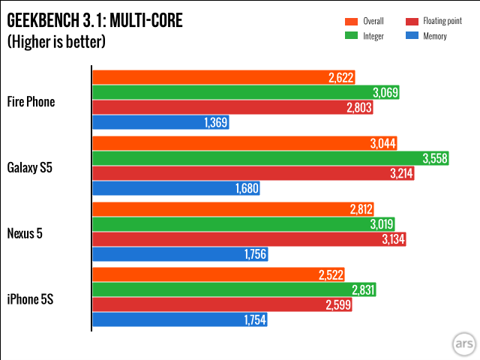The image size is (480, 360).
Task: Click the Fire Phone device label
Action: point(31,101)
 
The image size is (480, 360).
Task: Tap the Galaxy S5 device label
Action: point(31,167)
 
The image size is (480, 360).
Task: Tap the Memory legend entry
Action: point(432,35)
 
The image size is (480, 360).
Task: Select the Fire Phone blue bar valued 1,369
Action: point(160,123)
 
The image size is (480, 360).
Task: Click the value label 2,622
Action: point(340,77)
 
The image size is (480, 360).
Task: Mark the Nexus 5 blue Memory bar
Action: point(179,255)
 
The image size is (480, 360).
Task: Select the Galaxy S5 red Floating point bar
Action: point(253,173)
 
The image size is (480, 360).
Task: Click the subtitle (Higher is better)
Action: point(56,42)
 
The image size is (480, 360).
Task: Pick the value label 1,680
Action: point(246,189)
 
